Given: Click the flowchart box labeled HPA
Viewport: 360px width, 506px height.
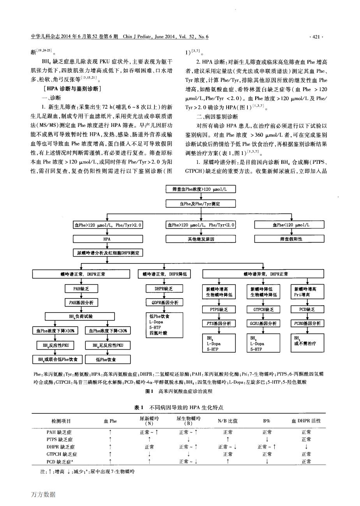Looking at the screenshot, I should (x=106, y=239).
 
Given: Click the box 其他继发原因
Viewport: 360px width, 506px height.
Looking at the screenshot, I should (x=201, y=239).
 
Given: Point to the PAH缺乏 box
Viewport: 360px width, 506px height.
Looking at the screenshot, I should (x=81, y=289).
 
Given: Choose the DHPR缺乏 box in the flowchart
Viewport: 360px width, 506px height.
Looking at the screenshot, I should (x=164, y=289).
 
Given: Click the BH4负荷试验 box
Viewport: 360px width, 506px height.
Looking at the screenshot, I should (x=81, y=316).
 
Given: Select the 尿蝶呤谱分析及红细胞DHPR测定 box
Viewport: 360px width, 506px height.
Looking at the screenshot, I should (x=107, y=253).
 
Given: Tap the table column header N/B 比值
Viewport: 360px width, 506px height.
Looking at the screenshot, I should (x=228, y=421).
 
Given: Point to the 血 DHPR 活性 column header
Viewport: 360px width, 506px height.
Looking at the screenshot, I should (x=306, y=421).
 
